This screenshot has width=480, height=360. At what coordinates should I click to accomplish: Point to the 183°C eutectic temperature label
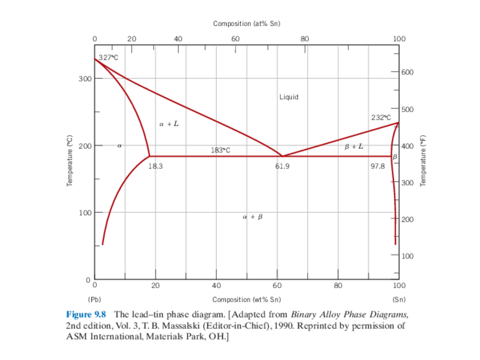point(220,150)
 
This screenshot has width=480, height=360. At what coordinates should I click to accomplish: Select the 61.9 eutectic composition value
point(283,166)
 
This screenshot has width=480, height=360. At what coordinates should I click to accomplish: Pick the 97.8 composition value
point(378,166)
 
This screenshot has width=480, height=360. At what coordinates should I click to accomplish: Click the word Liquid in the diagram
point(289,97)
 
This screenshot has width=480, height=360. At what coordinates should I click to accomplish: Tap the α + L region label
point(169,124)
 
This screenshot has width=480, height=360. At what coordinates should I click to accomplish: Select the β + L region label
point(354,147)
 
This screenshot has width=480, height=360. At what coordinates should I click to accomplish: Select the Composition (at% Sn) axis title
point(246,24)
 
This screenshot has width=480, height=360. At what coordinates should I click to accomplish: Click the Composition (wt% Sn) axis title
point(246,299)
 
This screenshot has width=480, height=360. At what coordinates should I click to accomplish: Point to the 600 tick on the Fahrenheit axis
point(408,72)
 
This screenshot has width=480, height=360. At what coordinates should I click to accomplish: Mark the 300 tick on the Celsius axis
point(85,78)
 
